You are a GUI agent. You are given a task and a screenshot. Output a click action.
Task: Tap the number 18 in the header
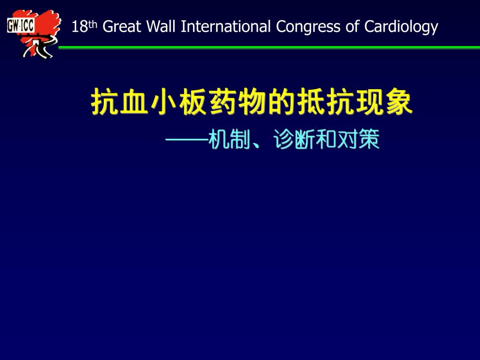(x=79, y=27)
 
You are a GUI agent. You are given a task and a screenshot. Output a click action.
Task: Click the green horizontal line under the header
(x=261, y=47)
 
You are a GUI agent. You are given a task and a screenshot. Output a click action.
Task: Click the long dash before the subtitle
(x=186, y=140)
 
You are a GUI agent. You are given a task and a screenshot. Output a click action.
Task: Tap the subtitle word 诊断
(x=293, y=140)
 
